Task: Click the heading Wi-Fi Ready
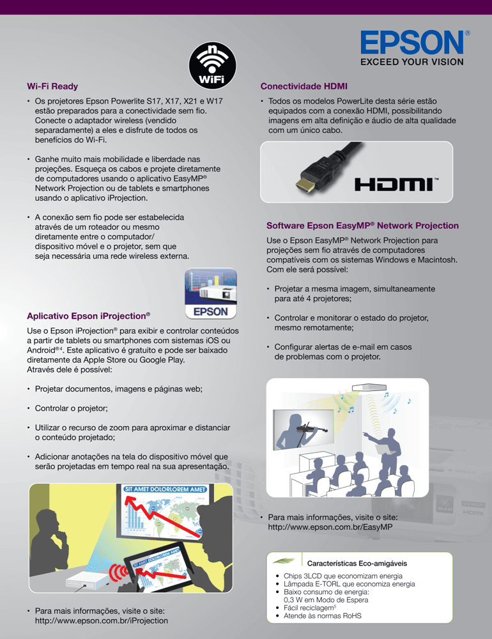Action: point(52,86)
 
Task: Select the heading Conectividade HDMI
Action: point(304,86)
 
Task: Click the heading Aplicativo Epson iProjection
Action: point(88,316)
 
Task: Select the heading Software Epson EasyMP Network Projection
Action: point(362,226)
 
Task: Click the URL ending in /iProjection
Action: point(101,620)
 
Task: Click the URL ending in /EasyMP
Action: point(330,527)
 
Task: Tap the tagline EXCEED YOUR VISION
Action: point(411,63)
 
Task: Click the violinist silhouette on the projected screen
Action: point(301,428)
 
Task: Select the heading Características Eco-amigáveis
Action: point(357,564)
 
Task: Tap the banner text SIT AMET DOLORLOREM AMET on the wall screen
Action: point(165,489)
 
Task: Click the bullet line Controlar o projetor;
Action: point(71,408)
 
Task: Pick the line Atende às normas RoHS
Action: point(313,616)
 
